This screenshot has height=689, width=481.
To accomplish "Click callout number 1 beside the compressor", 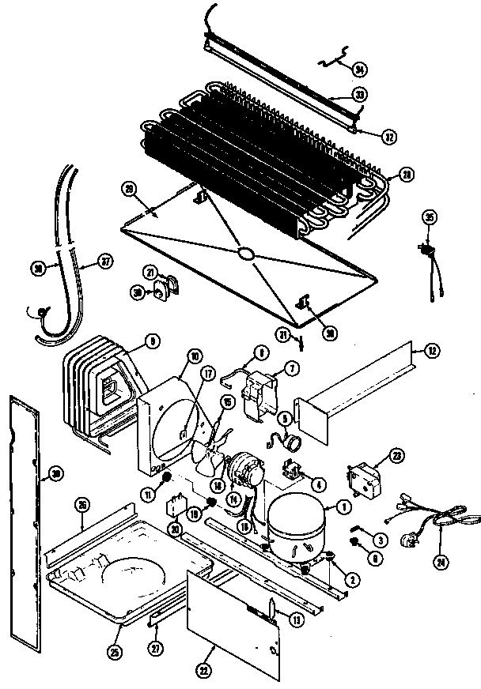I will tap(343, 506).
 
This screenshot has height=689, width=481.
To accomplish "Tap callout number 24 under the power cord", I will tap(439, 563).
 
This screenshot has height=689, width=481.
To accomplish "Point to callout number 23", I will tap(396, 456).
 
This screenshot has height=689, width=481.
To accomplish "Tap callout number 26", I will tap(81, 503).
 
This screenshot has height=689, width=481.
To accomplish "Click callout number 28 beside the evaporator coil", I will tap(407, 174).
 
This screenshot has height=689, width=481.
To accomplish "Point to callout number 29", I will tap(129, 187).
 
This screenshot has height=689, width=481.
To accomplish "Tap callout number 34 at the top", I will tap(360, 70).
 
